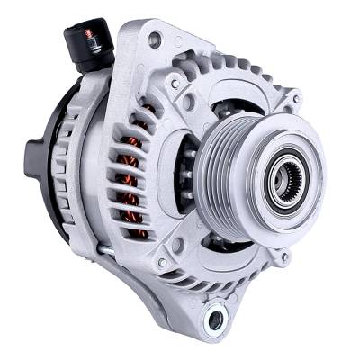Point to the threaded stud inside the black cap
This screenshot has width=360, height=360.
pyautogui.click(x=90, y=37)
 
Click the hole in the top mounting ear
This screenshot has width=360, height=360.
pyautogui.click(x=155, y=40)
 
